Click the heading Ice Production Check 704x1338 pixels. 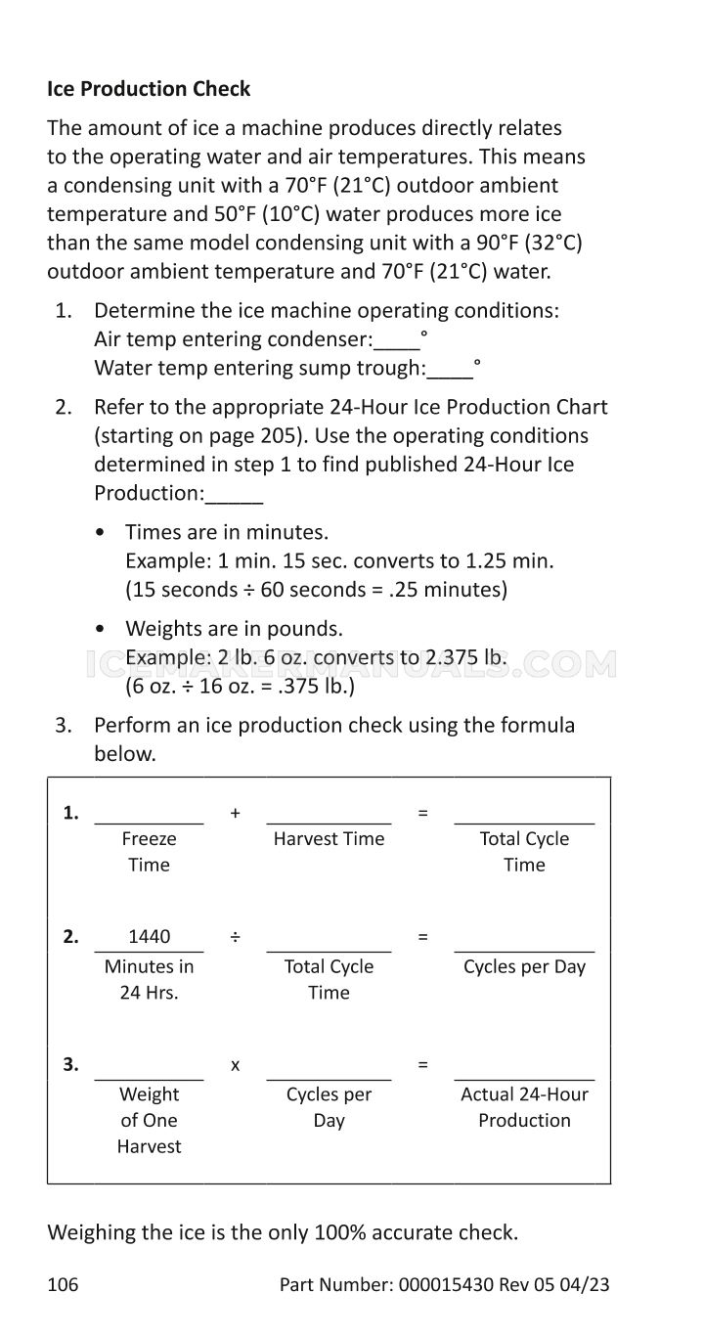pos(149,89)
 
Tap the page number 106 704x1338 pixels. pos(63,1284)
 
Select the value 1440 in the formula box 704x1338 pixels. pos(149,936)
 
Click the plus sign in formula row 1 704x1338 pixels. pos(235,813)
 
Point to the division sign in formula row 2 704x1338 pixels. pos(235,937)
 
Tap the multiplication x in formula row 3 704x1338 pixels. pos(235,1065)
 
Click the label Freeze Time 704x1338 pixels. pos(149,851)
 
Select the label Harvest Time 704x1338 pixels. pos(329,838)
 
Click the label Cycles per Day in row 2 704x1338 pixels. pos(524,966)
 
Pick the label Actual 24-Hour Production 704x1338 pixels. pos(524,1107)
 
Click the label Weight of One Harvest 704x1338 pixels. pos(149,1120)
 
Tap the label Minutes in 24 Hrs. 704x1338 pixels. pos(149,979)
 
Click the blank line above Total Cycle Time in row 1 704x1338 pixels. pos(524,820)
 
